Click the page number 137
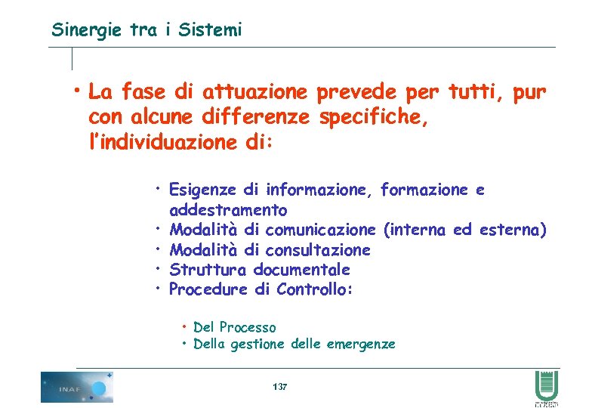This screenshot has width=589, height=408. click(279, 387)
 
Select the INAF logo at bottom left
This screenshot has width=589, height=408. click(76, 387)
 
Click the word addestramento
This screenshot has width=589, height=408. click(228, 209)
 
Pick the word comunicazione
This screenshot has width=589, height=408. click(320, 229)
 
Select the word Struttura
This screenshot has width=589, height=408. click(207, 270)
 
